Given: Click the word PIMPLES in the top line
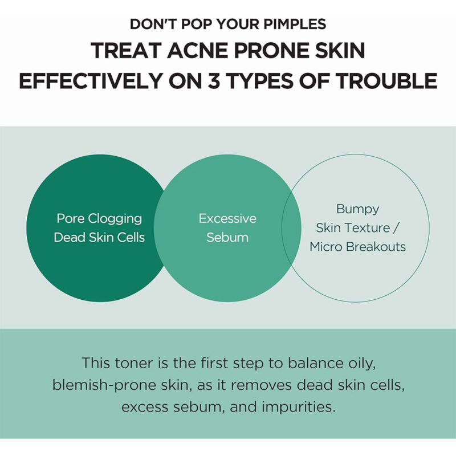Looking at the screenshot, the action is coord(295,24).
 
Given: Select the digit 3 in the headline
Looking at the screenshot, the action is coord(213,80).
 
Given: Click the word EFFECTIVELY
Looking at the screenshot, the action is coord(91,80).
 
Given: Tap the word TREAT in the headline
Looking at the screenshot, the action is coord(126,50).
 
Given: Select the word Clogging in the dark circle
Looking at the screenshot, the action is coord(115,219).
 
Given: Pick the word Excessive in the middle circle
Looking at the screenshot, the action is coord(227,218).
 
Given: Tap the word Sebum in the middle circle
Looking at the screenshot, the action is coord(227,237).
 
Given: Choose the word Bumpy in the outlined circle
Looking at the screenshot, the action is coord(358,209).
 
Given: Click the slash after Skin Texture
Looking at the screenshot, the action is coord(395,228).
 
